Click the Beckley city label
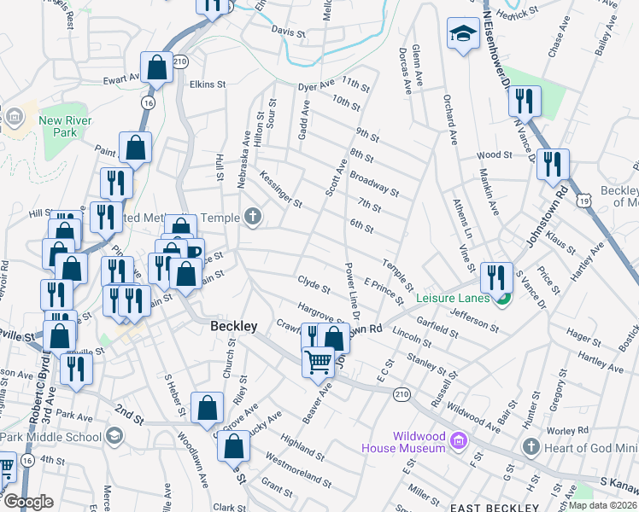pyautogui.click(x=234, y=327)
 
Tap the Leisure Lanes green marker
pyautogui.click(x=503, y=298)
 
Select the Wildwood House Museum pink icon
pyautogui.click(x=458, y=441)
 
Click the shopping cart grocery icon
pyautogui.click(x=319, y=362)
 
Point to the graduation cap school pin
pyautogui.click(x=463, y=34)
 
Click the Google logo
pyautogui.click(x=28, y=502)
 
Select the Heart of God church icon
pyautogui.click(x=531, y=447)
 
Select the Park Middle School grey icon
pyautogui.click(x=113, y=436)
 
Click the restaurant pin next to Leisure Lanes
pyautogui.click(x=495, y=276)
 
